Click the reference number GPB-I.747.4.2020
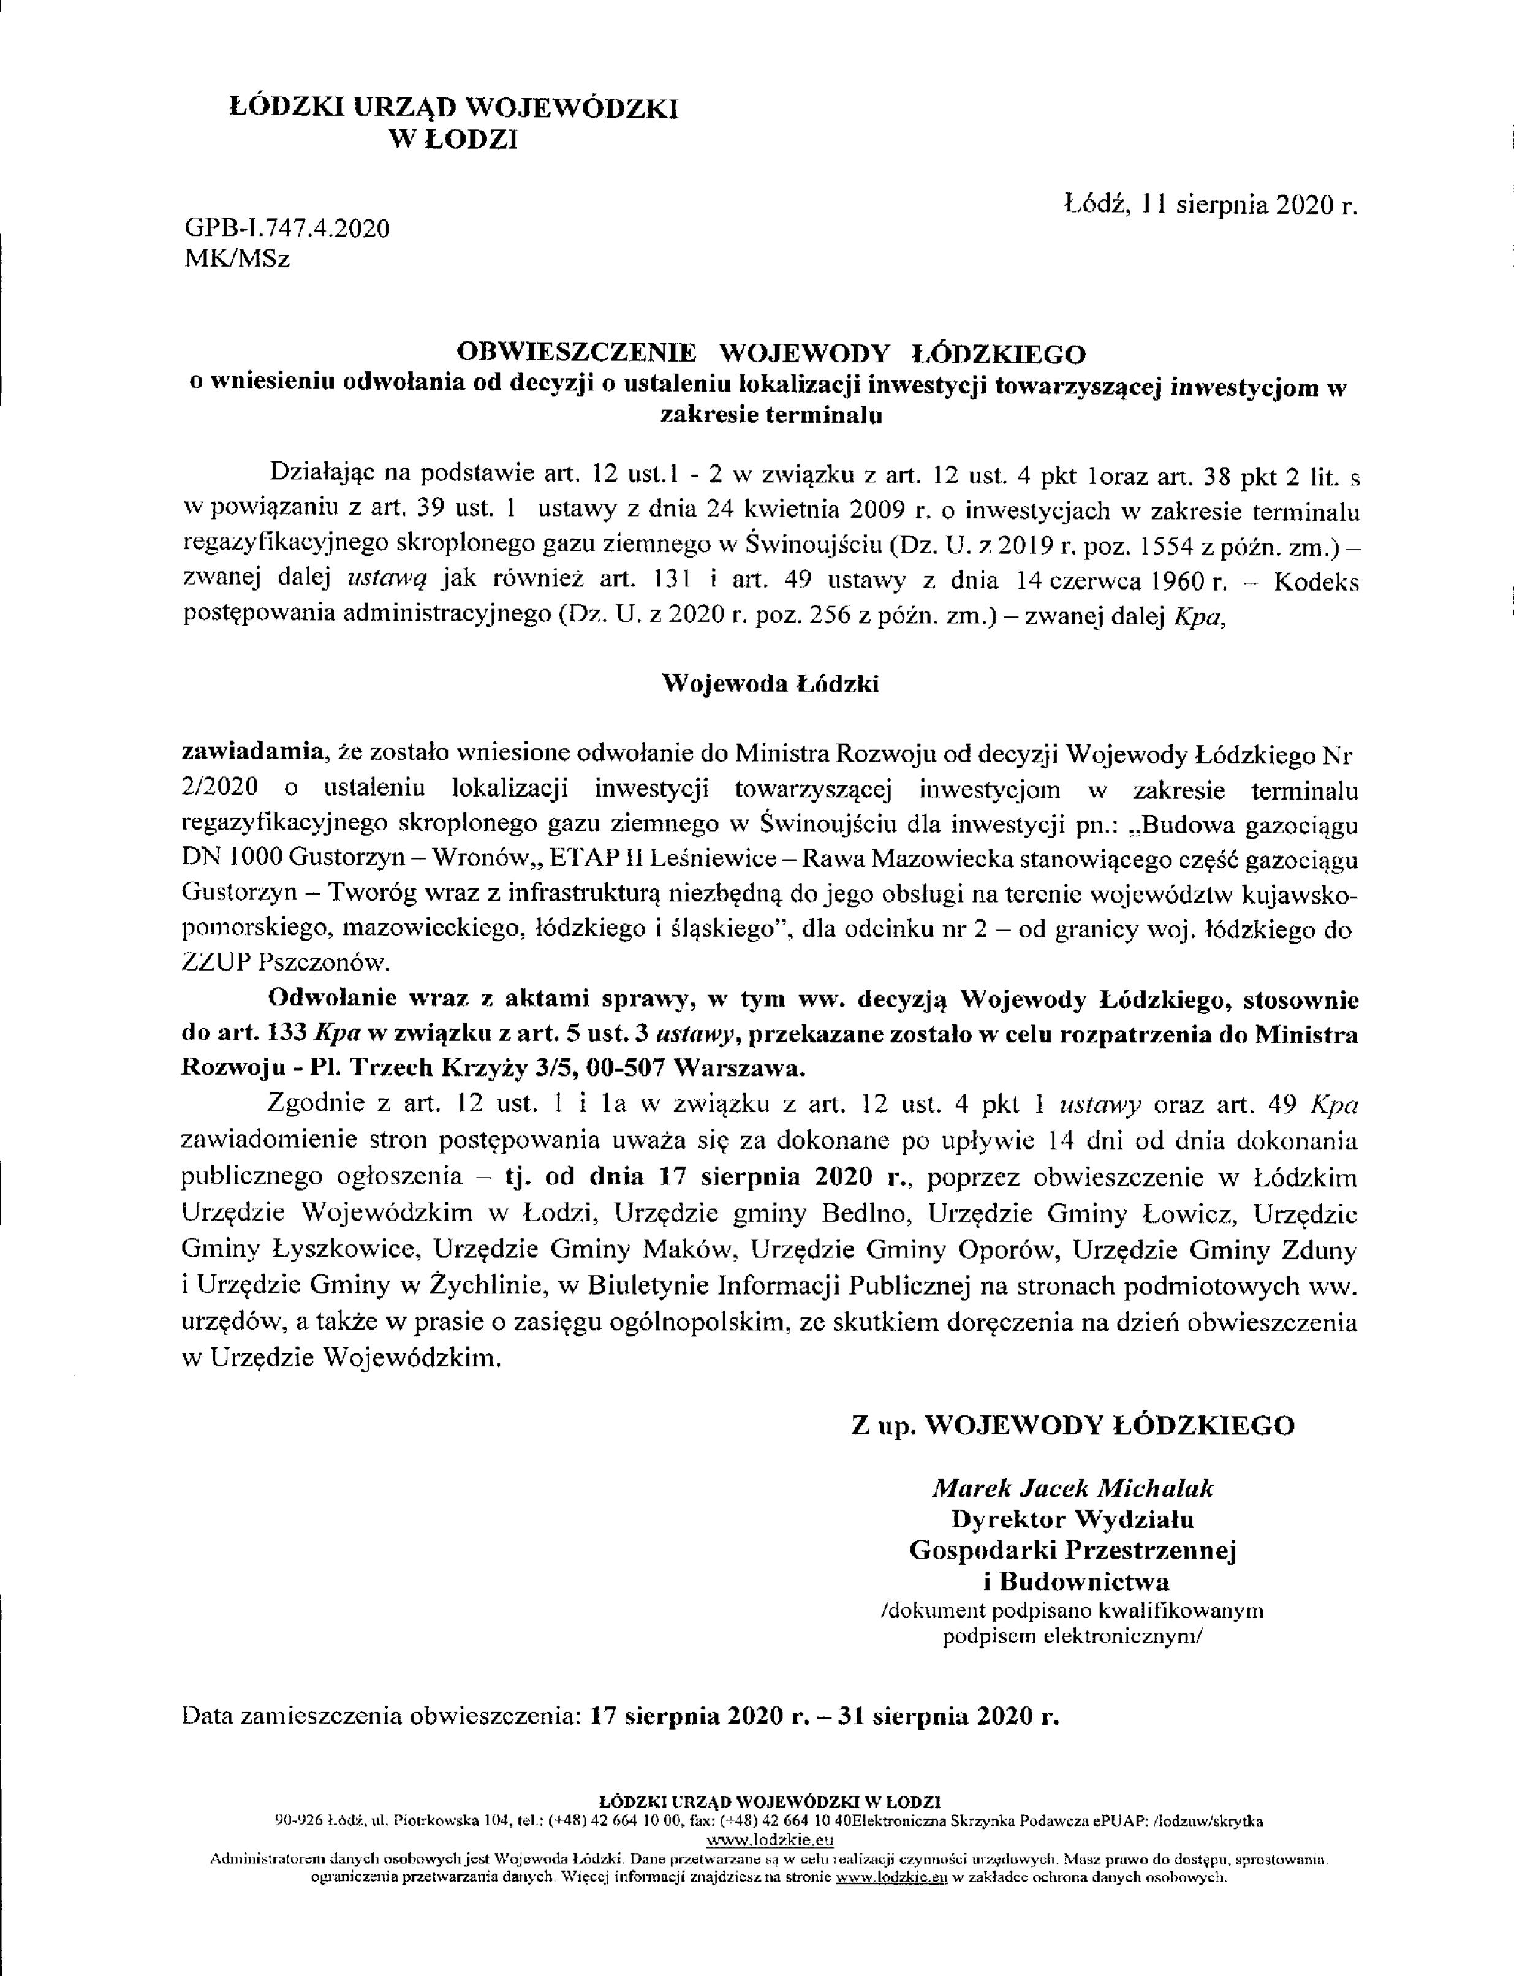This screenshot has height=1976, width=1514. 287,228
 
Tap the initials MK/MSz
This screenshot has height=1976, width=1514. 237,260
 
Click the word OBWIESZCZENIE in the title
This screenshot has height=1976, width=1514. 577,352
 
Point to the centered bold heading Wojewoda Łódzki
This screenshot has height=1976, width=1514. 771,684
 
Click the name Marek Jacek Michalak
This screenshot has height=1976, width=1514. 1072,1488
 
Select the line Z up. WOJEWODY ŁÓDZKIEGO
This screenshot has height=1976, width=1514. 1072,1425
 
